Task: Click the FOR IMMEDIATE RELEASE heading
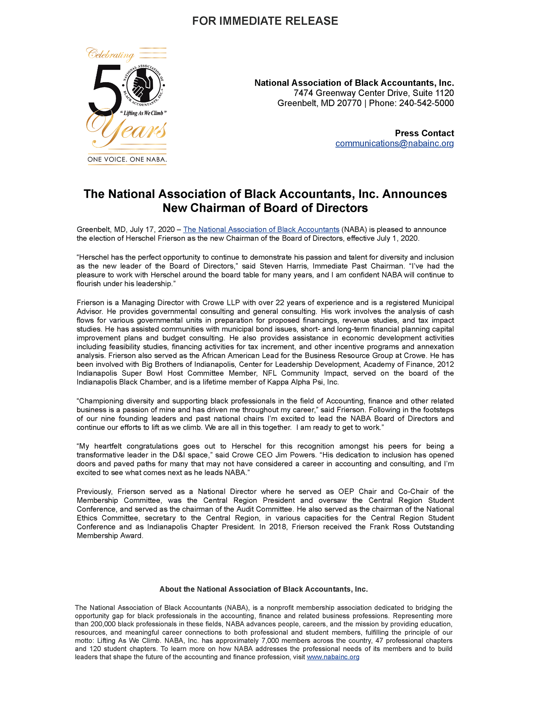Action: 265,21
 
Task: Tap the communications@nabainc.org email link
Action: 394,143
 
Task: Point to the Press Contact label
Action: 424,133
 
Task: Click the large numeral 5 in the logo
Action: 104,89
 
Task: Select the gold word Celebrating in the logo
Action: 110,54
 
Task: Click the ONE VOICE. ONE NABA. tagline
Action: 127,159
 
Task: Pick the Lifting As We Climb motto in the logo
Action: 143,113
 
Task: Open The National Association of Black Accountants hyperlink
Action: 261,229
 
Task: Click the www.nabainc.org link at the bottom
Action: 333,657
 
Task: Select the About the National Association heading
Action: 263,589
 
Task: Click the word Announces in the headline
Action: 414,194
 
